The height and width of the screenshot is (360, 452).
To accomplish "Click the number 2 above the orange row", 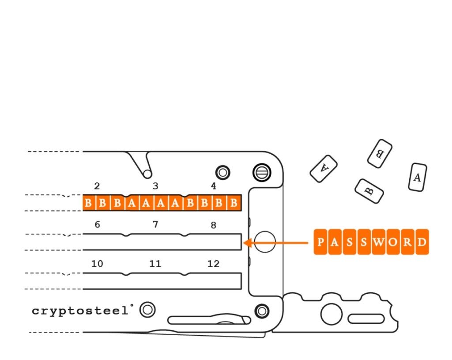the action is click(97, 186).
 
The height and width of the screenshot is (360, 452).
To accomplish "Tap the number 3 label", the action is click(155, 186).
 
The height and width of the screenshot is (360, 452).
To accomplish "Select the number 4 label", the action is click(213, 186).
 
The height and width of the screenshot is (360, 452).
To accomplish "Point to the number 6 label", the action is click(98, 224).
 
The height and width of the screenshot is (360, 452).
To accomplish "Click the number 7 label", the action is click(155, 224).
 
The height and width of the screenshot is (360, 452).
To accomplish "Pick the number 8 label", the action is click(213, 225).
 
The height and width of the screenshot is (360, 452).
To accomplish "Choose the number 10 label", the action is click(97, 264).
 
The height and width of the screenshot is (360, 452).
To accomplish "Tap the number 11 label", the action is click(155, 264).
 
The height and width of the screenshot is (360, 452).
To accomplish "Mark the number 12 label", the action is click(214, 264).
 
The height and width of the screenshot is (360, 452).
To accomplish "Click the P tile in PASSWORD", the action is click(320, 242).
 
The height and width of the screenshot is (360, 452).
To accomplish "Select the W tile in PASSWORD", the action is click(378, 242).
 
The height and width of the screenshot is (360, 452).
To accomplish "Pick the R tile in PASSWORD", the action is click(407, 242).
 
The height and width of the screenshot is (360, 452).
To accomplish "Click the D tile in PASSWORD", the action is click(422, 242).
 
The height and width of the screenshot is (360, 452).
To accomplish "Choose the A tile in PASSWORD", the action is click(335, 242).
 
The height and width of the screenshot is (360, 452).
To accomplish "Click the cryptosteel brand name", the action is click(80, 311).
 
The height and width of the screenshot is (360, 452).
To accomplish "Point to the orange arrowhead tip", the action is click(244, 243).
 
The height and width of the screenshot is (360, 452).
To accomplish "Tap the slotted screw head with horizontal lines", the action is click(262, 173).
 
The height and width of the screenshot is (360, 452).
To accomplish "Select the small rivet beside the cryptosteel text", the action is click(147, 310).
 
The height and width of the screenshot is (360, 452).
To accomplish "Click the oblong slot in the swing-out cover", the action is click(366, 319).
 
